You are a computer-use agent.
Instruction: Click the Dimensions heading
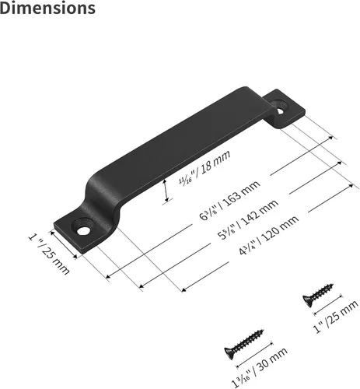click(x=47, y=8)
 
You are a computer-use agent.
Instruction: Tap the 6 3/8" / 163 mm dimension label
click(x=229, y=200)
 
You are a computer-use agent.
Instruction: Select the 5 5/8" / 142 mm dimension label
click(x=248, y=219)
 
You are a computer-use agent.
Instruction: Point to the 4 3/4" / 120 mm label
click(x=268, y=236)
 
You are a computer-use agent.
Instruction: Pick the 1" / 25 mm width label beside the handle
click(x=49, y=254)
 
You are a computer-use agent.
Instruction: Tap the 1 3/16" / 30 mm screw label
click(x=260, y=367)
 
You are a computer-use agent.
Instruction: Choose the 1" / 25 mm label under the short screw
click(x=335, y=317)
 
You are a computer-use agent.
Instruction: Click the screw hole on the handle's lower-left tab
click(x=82, y=230)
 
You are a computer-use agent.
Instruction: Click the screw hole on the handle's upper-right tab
click(x=280, y=110)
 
